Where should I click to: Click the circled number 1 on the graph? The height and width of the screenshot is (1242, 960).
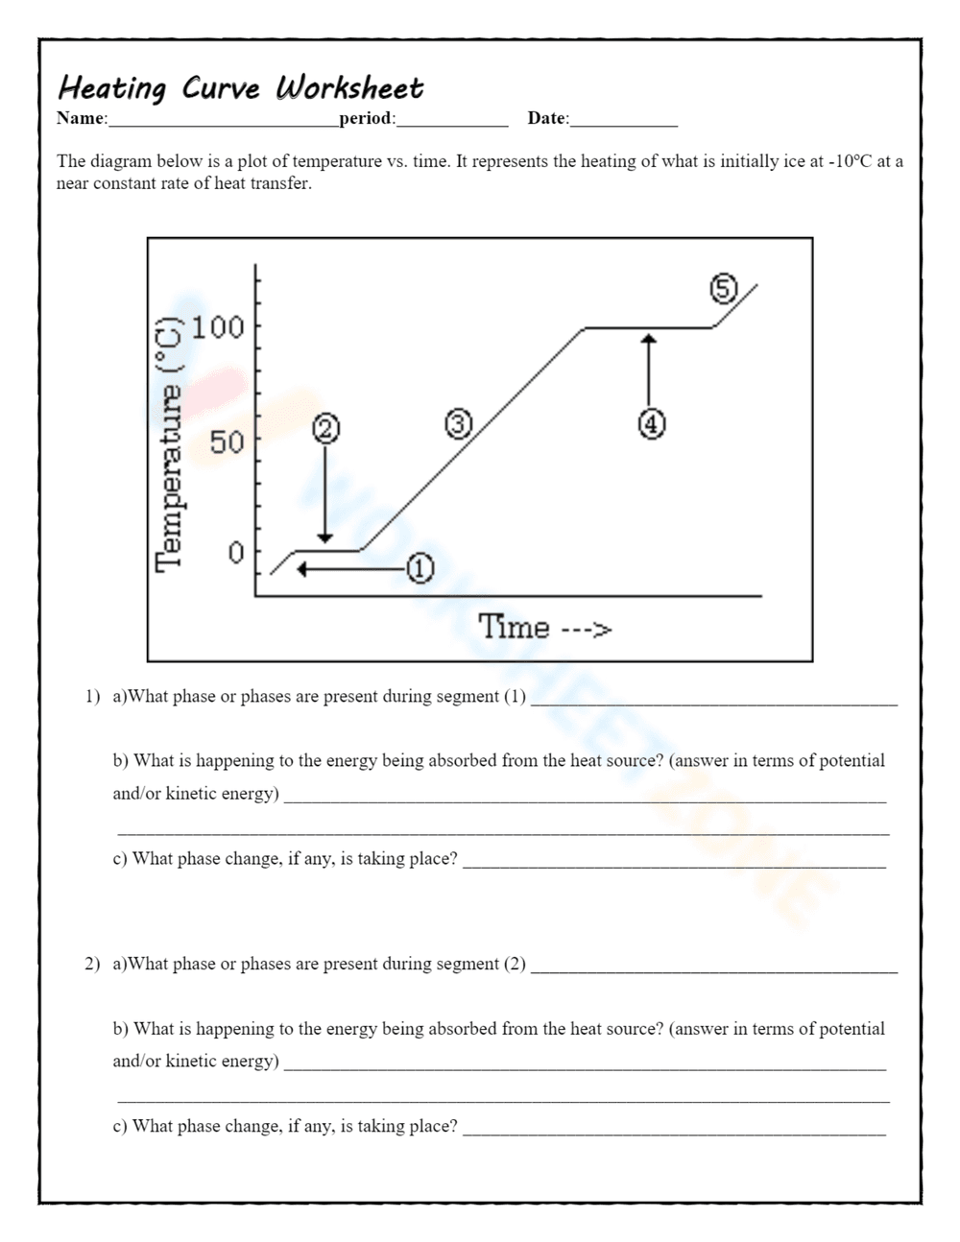pos(420,569)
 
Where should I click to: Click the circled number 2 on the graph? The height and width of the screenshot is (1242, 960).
pos(325,429)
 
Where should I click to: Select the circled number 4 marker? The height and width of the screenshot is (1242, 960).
pos(652,423)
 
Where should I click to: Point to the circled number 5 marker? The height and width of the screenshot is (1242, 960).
pos(723,288)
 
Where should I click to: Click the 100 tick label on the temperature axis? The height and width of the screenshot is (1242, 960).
pos(218,327)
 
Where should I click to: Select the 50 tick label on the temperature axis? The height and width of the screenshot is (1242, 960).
pos(228,442)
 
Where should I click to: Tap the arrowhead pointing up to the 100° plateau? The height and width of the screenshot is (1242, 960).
pos(649,339)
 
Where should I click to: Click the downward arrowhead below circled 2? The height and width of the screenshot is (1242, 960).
pos(325,537)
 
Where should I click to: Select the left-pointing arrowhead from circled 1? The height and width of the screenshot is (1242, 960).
pos(301,569)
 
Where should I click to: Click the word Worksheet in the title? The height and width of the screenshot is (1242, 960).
pos(349,88)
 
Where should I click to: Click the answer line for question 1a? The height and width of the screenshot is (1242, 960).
pos(713,704)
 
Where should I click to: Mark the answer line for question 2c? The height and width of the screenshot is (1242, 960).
pos(674,1134)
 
